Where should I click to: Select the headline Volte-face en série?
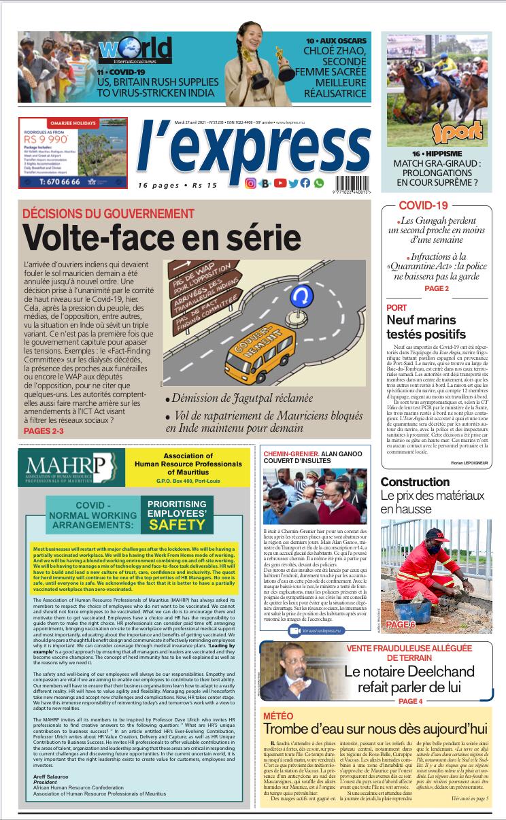point(151,238)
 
